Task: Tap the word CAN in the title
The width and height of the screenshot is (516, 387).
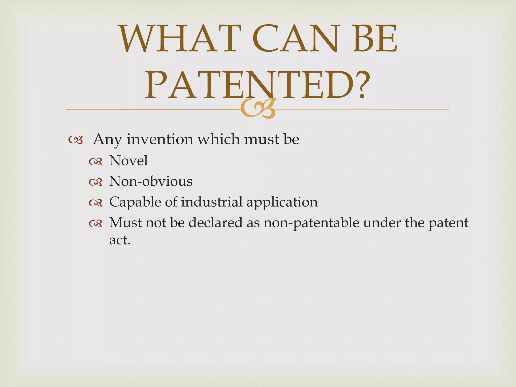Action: click(295, 39)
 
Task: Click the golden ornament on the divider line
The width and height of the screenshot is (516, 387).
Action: click(258, 109)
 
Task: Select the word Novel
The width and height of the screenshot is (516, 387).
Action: click(128, 160)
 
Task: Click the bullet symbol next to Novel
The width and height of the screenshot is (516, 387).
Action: click(96, 162)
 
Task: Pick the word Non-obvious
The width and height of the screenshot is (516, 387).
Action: click(151, 181)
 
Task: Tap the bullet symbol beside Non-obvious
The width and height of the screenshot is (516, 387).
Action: click(96, 182)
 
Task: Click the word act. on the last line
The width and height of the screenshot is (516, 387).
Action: click(120, 240)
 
